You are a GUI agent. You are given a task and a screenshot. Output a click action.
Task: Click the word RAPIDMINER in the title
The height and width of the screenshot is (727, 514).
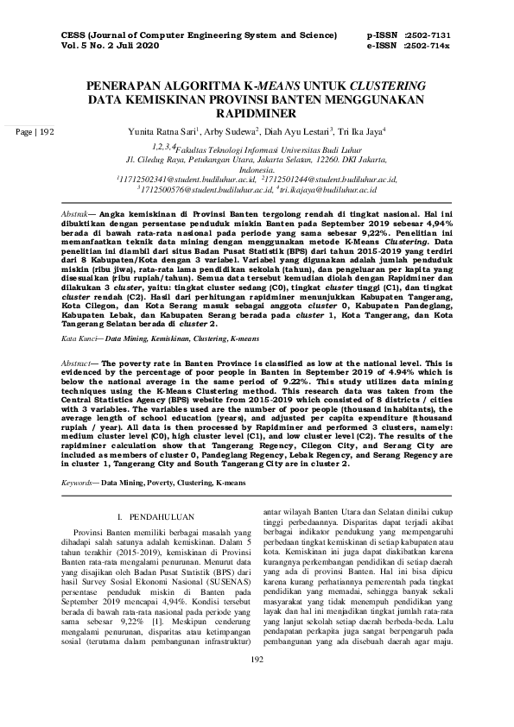[257, 114]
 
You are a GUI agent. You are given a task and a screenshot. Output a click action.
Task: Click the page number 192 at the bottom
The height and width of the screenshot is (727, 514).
[256, 707]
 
